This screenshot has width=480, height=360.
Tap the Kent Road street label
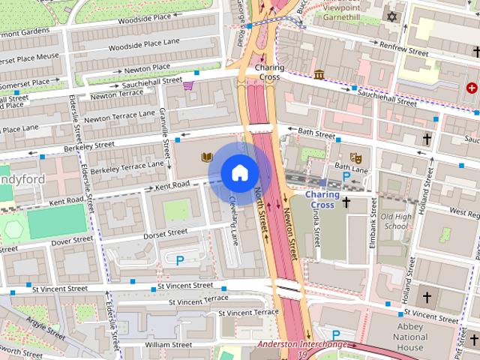173,184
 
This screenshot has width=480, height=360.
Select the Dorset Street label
166,233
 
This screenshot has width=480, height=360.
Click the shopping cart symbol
188,86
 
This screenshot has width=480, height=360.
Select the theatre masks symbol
358,157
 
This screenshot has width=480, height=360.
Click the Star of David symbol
391,16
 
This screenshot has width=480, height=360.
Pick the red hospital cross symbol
471,88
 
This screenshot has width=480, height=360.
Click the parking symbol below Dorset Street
180,260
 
